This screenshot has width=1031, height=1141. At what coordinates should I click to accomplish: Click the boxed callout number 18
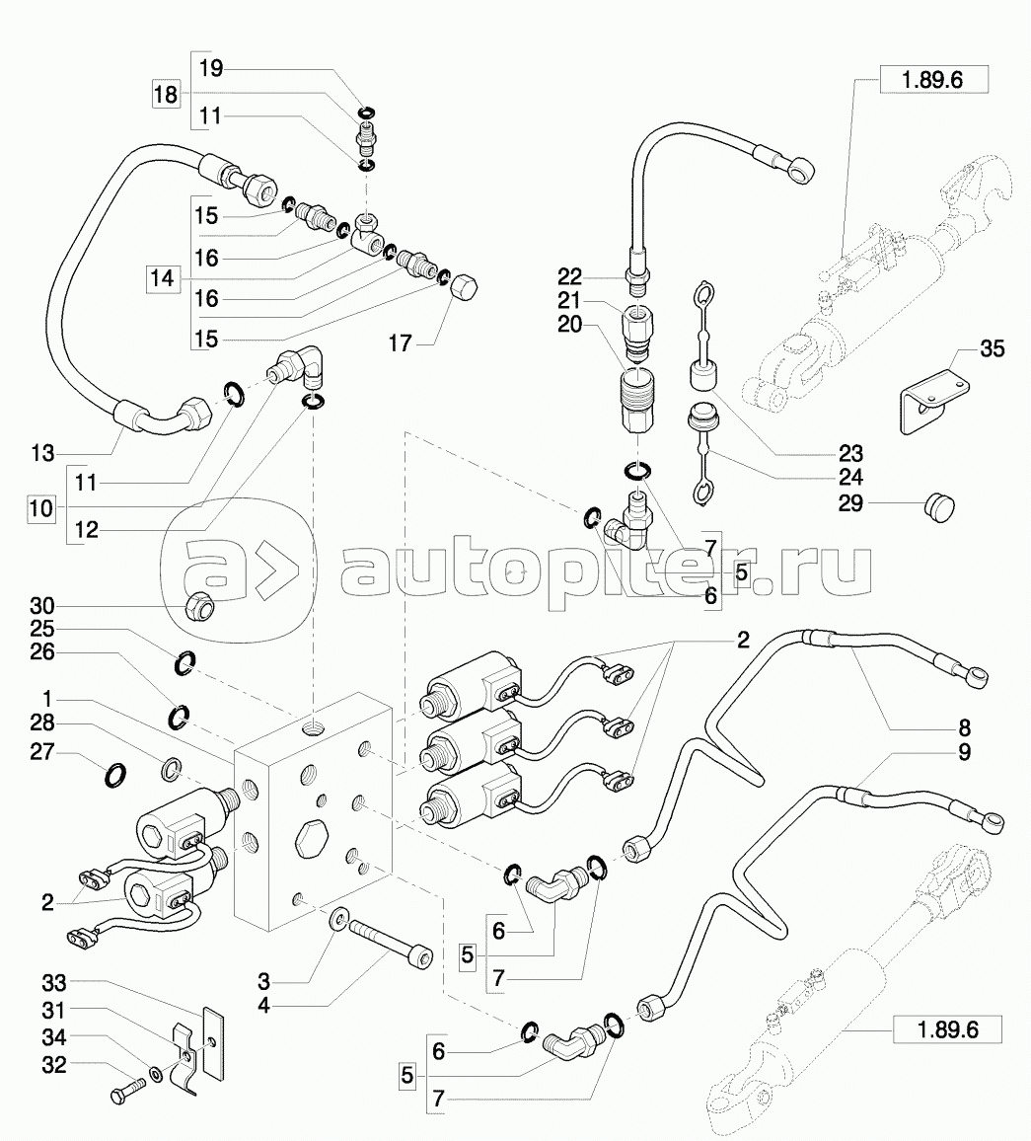tap(166, 95)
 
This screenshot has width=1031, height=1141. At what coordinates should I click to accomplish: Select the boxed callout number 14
tap(162, 279)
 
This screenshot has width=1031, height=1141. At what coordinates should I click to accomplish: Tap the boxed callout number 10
tap(41, 509)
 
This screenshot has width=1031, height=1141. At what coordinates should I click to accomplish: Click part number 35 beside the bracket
tap(992, 349)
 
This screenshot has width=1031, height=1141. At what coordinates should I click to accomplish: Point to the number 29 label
tap(850, 503)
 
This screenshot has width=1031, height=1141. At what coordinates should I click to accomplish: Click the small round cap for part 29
tap(936, 506)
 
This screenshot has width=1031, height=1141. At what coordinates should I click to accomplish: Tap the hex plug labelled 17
tap(465, 292)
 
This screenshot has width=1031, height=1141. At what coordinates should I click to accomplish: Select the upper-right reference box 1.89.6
tap(932, 81)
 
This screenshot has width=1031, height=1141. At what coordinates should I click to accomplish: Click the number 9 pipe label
tap(964, 753)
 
